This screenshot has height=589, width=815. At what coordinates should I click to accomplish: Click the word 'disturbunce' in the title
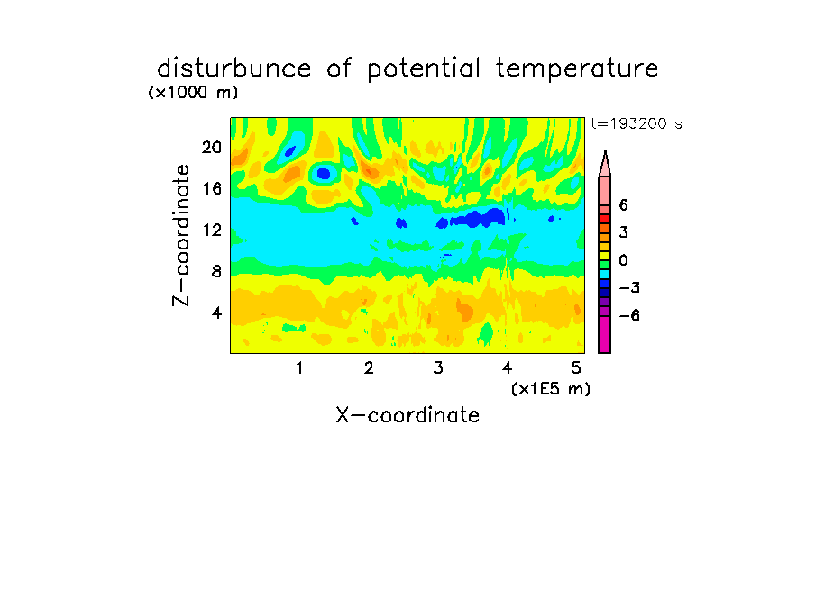click(x=234, y=68)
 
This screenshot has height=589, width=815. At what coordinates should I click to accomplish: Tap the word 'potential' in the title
click(x=424, y=69)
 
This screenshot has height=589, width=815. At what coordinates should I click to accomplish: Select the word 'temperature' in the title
click(x=577, y=68)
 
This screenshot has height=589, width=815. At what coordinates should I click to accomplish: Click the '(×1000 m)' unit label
click(x=193, y=93)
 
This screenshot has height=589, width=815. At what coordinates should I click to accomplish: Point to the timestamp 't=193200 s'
click(x=636, y=123)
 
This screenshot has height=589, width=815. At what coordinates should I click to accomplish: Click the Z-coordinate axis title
click(x=181, y=235)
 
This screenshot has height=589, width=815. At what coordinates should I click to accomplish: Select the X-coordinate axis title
click(x=407, y=415)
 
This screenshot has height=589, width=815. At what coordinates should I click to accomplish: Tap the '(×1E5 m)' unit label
click(x=551, y=389)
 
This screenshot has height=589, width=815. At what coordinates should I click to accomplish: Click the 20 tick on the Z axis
click(x=212, y=148)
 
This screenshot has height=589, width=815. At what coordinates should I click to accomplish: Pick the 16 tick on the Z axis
click(x=212, y=188)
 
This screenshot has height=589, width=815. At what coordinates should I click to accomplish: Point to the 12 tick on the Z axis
click(x=212, y=230)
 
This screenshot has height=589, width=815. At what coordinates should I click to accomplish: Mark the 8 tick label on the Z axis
click(x=216, y=271)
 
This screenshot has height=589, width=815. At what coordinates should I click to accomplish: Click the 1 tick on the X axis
click(x=299, y=368)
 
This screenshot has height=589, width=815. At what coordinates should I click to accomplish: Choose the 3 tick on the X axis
click(x=438, y=368)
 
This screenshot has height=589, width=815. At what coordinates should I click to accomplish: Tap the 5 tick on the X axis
click(x=576, y=368)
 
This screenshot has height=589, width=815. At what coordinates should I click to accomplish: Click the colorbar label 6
click(x=623, y=205)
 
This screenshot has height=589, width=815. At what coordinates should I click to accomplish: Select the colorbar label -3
click(x=629, y=288)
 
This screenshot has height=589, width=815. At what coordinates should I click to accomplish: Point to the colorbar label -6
click(x=629, y=315)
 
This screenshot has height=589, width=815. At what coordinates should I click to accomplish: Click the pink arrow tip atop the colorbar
click(x=605, y=151)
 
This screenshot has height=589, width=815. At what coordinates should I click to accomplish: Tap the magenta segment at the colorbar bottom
click(x=605, y=335)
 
